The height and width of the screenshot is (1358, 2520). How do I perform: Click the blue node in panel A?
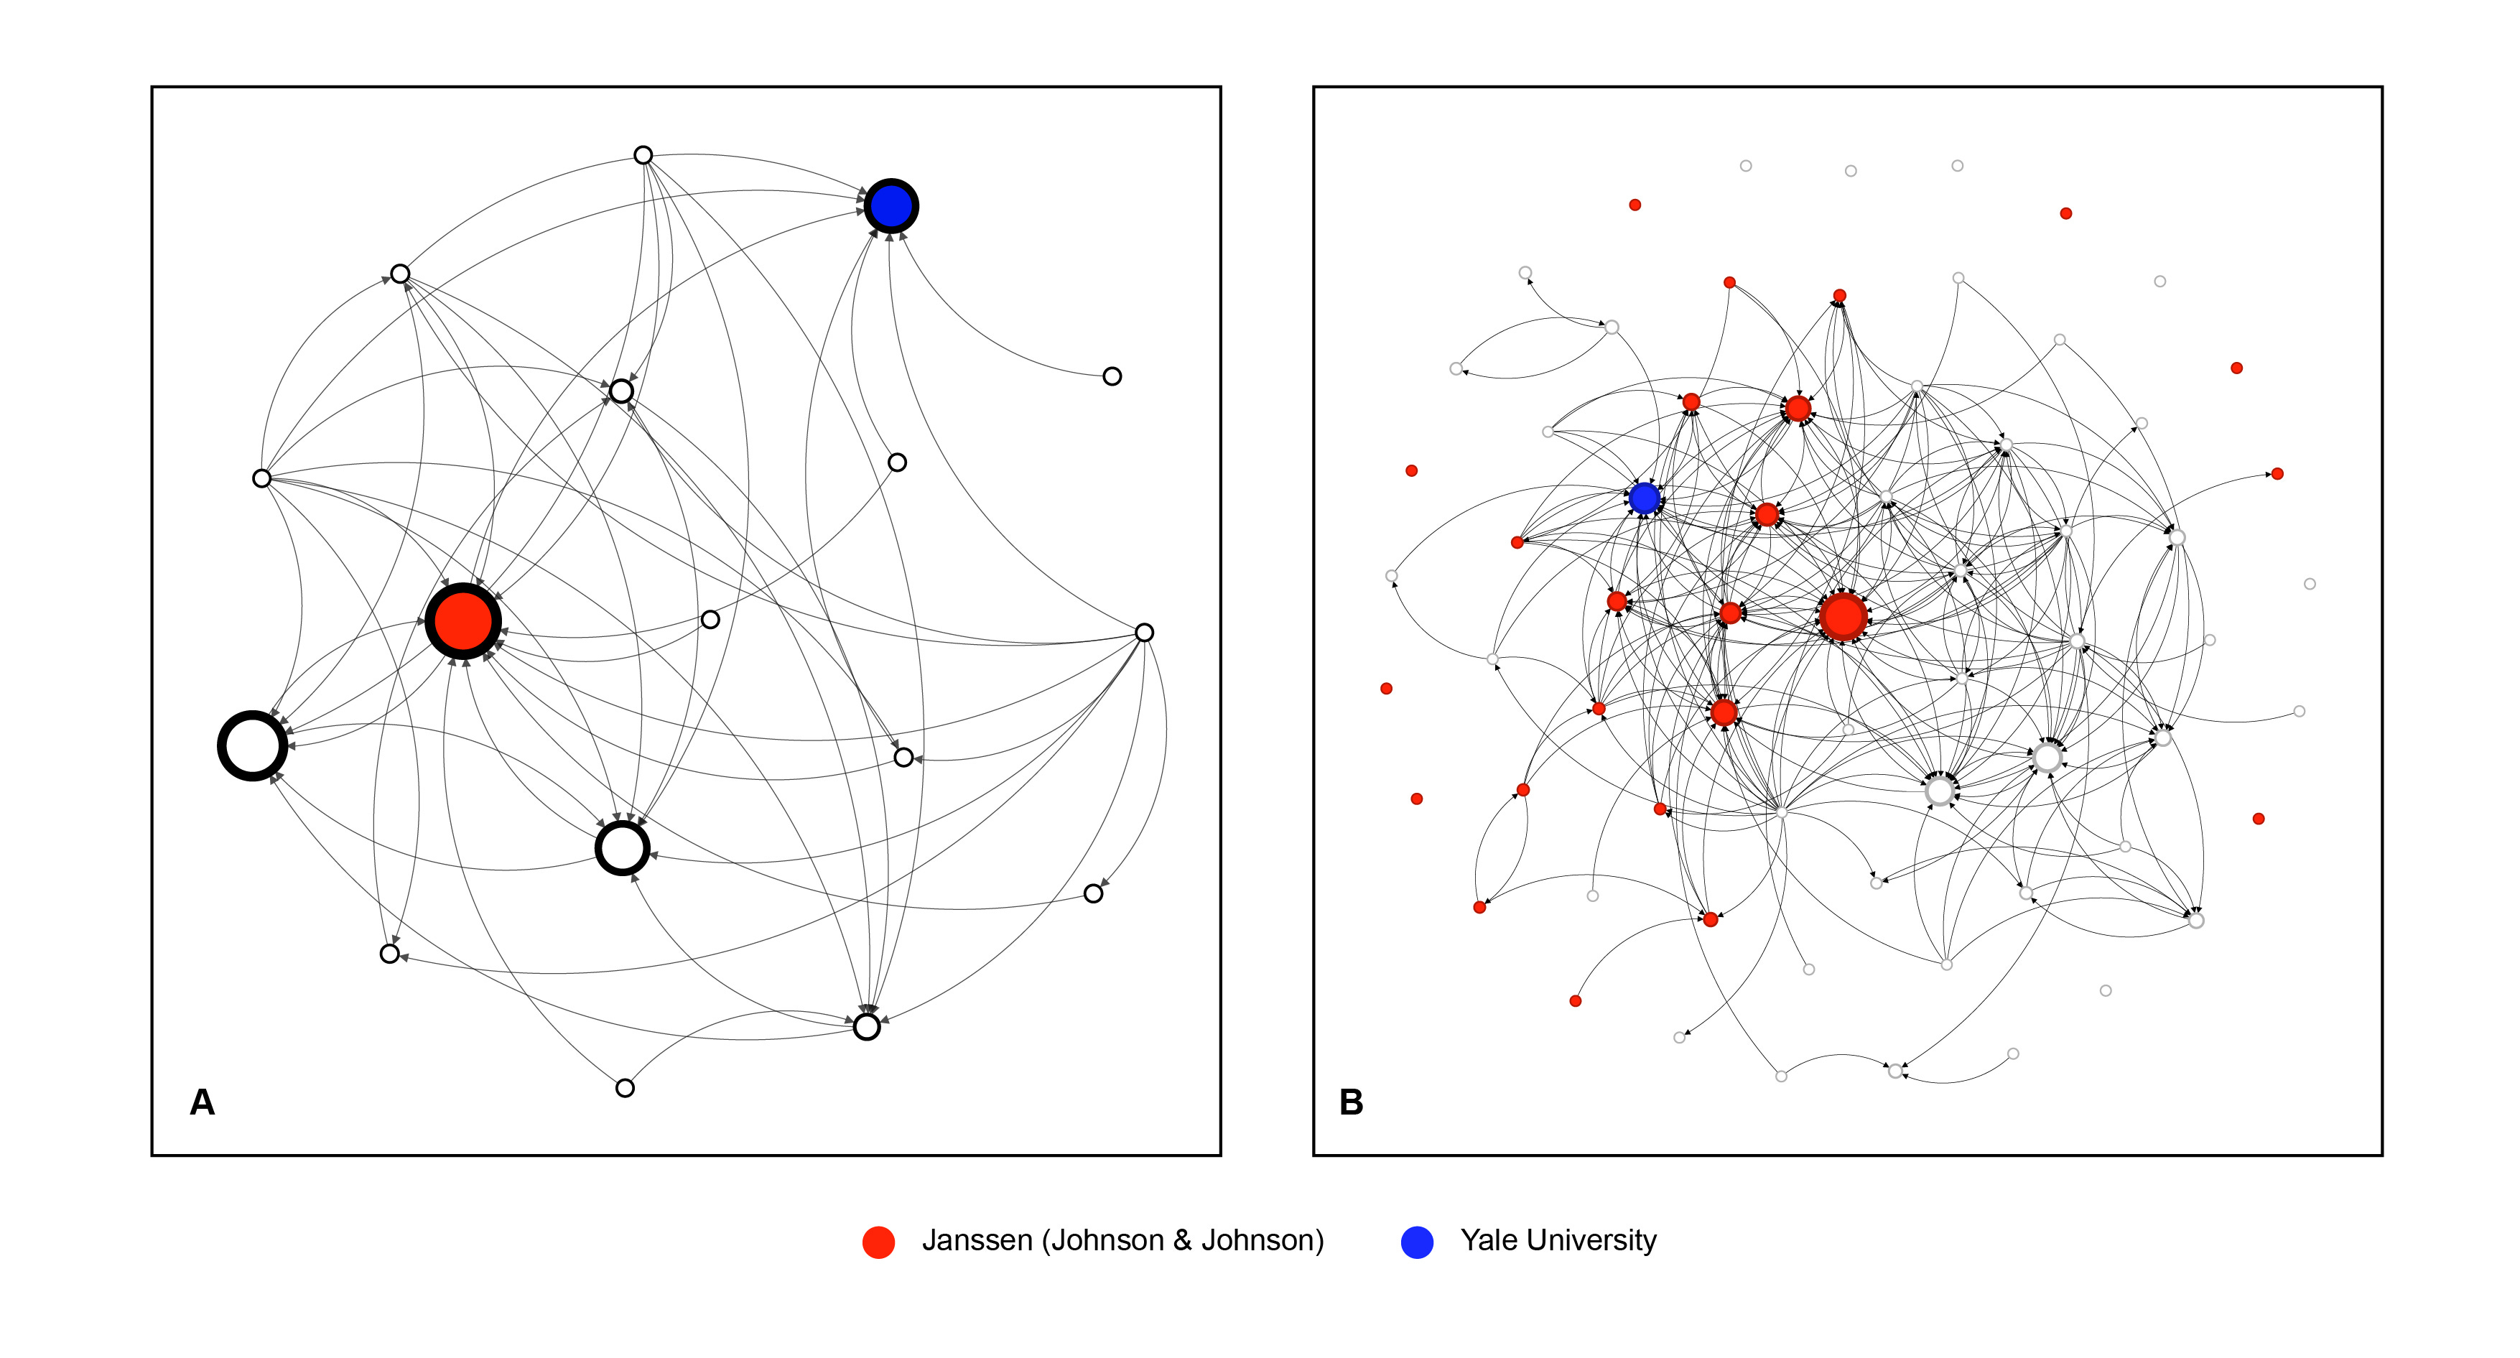click(891, 205)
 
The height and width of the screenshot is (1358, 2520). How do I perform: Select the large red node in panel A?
click(462, 620)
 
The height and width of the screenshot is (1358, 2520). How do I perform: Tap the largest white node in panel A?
click(252, 745)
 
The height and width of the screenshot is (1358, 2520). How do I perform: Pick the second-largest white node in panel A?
click(622, 847)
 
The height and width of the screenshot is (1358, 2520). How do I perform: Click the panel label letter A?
click(202, 1102)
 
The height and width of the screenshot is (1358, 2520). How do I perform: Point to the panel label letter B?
click(1351, 1102)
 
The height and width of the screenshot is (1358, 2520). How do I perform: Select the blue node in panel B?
click(1645, 498)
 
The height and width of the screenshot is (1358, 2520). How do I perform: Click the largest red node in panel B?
click(1843, 616)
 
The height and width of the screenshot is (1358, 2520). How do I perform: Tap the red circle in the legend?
click(878, 1242)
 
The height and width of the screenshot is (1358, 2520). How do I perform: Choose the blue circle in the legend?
click(1416, 1242)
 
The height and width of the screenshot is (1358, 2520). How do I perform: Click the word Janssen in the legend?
click(976, 1241)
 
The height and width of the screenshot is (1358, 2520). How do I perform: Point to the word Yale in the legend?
click(1489, 1241)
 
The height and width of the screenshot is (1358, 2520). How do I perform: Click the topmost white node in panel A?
click(643, 154)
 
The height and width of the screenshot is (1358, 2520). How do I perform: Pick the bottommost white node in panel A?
click(625, 1088)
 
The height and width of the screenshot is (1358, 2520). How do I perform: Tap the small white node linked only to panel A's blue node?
click(1111, 376)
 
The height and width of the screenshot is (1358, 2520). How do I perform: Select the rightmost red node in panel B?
click(2277, 473)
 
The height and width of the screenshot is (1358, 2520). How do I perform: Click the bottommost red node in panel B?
click(1575, 1001)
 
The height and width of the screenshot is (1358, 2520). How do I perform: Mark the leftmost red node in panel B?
click(1386, 689)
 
